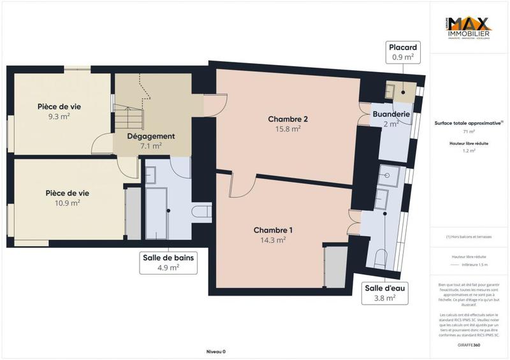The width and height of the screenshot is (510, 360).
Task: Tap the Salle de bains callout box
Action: pyautogui.click(x=168, y=263)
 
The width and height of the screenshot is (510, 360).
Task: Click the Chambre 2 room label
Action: pyautogui.click(x=288, y=119)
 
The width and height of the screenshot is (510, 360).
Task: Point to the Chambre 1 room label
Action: pyautogui.click(x=273, y=230)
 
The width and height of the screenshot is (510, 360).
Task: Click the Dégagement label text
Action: pyautogui.click(x=150, y=136)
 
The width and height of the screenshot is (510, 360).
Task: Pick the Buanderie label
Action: pyautogui.click(x=391, y=115)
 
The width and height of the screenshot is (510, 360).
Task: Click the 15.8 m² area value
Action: pyautogui.click(x=288, y=129)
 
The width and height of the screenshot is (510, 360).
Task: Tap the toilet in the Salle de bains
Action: pyautogui.click(x=202, y=211)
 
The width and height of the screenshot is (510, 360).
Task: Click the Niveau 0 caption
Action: pyautogui.click(x=216, y=351)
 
